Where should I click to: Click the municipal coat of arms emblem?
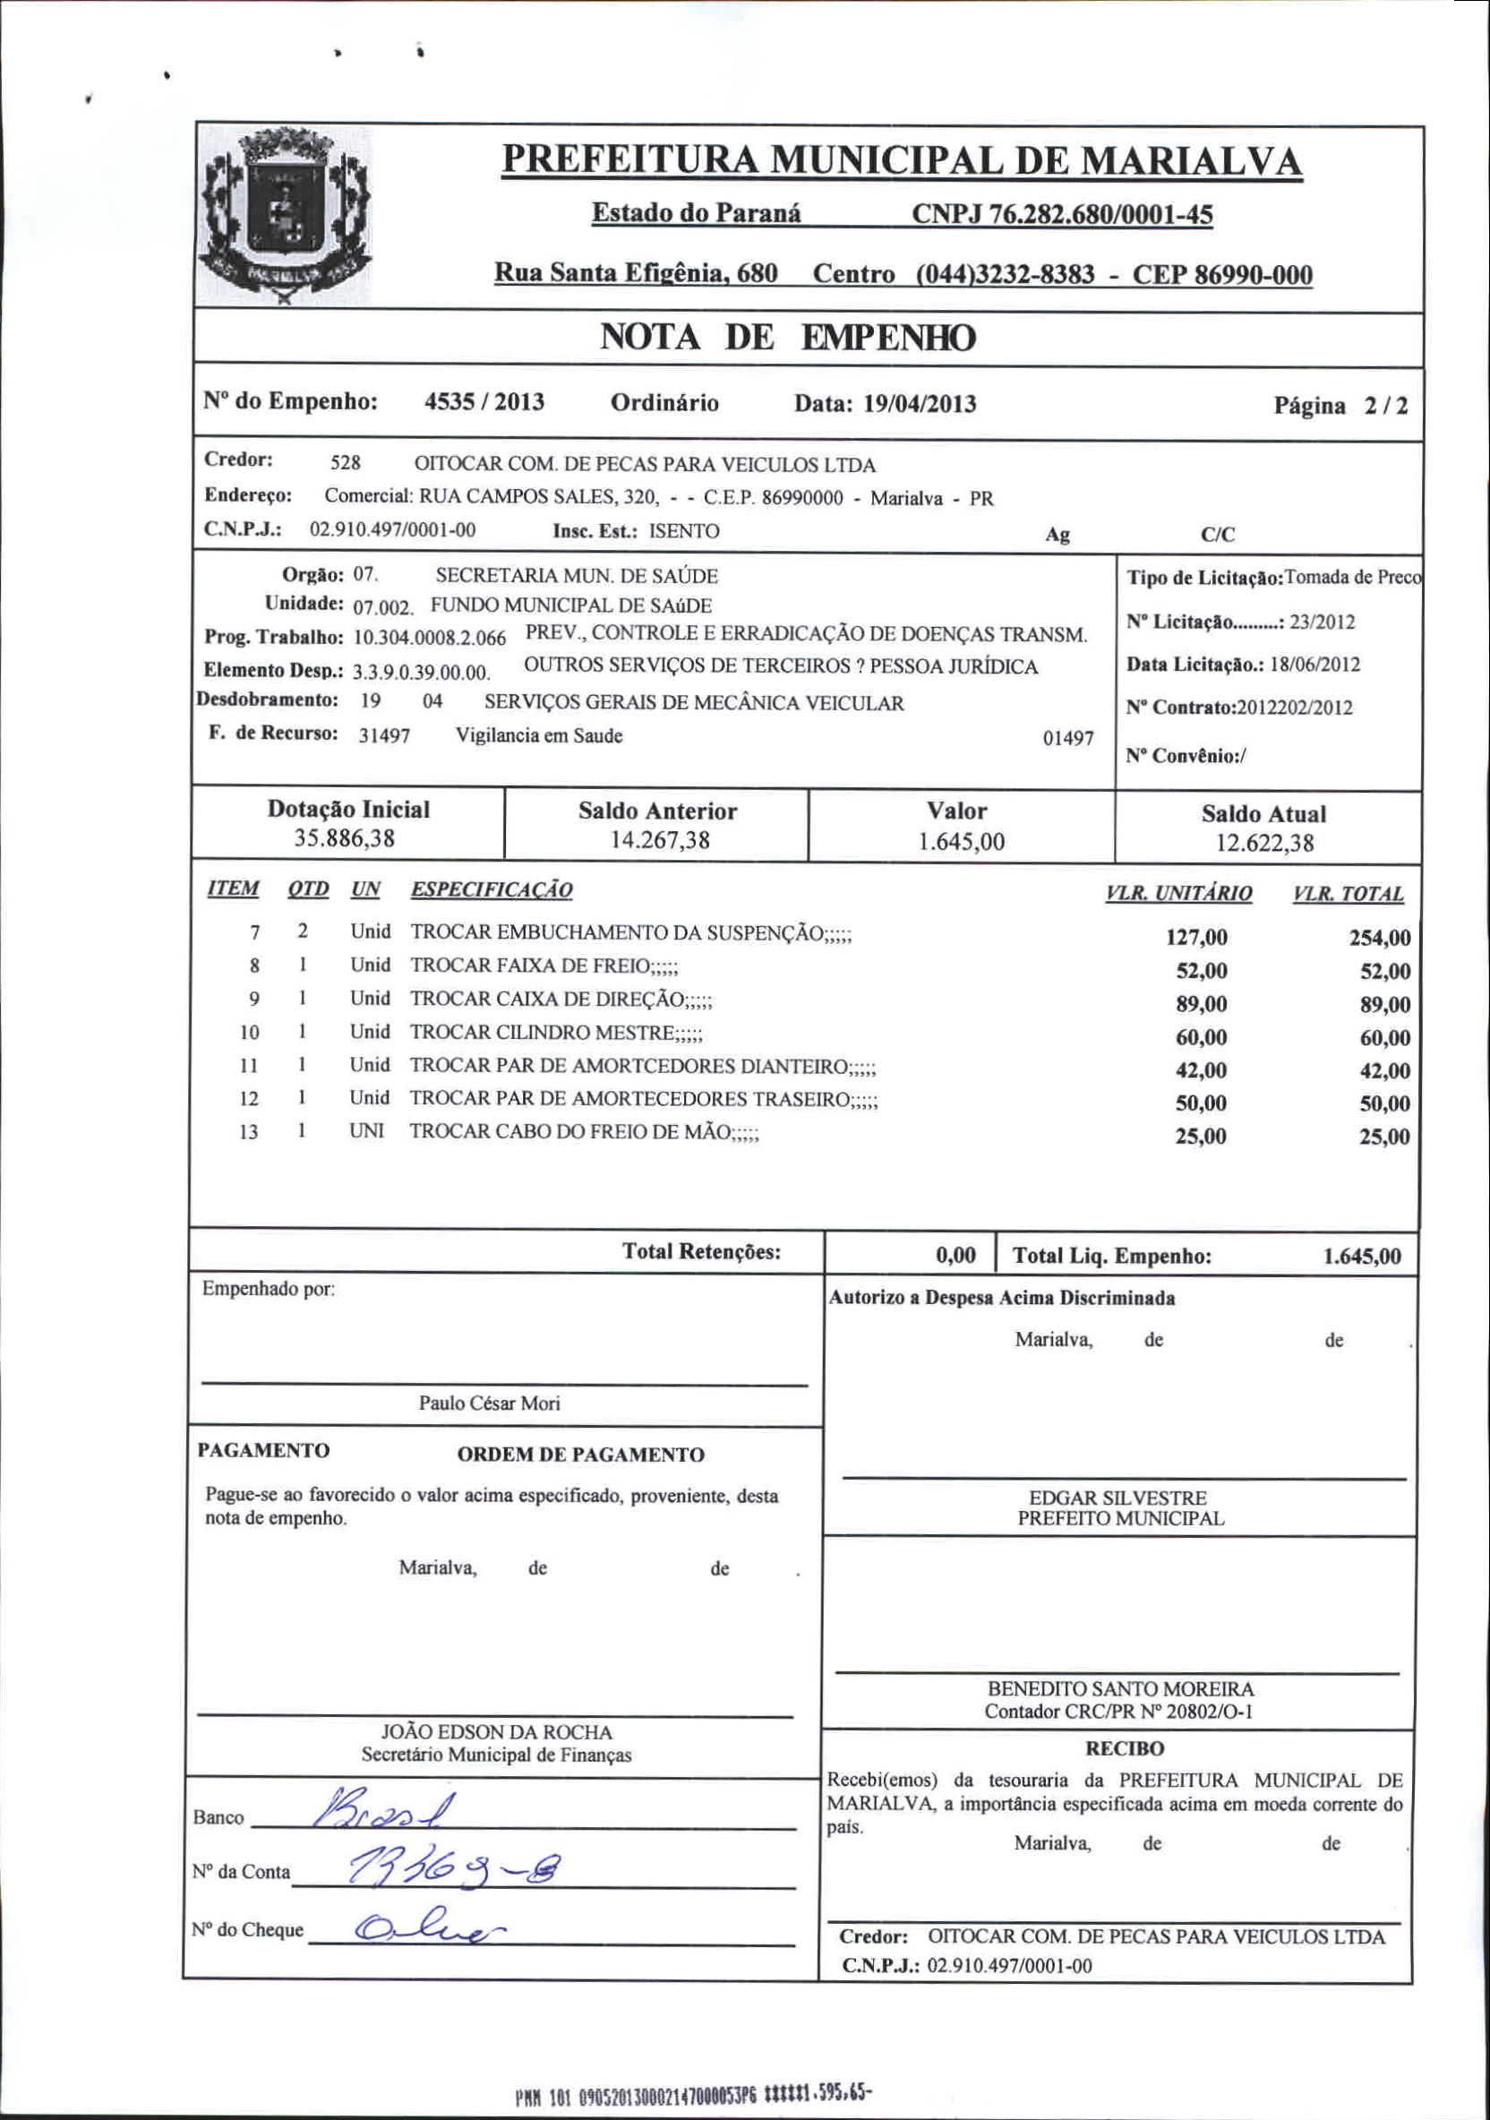point(286,218)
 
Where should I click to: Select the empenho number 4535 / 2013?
point(484,401)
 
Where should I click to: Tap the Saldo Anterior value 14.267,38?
point(659,840)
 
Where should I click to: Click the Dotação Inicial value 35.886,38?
point(345,838)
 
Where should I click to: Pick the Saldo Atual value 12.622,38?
point(1263,843)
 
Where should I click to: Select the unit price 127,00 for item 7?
point(1196,938)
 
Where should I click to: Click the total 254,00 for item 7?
point(1379,938)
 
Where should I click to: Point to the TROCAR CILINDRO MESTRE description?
point(557,1033)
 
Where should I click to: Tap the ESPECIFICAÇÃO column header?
point(491,890)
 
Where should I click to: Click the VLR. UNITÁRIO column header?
point(1179,894)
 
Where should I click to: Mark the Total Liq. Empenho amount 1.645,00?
point(1362,1257)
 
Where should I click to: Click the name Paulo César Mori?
point(489,1403)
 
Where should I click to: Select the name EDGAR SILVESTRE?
point(1118,1498)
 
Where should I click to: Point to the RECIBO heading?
point(1125,1749)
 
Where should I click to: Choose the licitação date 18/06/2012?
point(1314,665)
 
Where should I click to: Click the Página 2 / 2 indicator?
point(1340,407)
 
